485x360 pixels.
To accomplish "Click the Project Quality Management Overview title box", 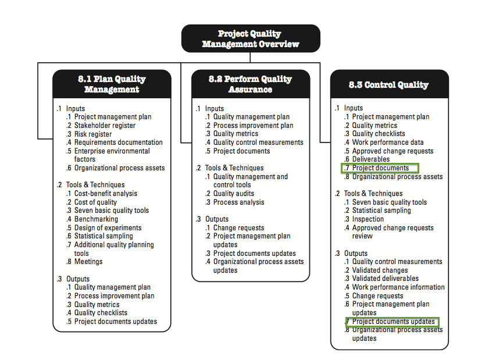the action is tap(251, 38).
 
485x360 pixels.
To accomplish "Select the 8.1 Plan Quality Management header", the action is tap(112, 84).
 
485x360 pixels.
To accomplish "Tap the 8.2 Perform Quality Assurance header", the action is tap(251, 84).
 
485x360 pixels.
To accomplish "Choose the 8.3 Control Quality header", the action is tap(390, 84).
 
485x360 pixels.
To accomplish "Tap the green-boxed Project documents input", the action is tap(380, 168).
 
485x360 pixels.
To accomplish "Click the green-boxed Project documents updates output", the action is tap(392, 322).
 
